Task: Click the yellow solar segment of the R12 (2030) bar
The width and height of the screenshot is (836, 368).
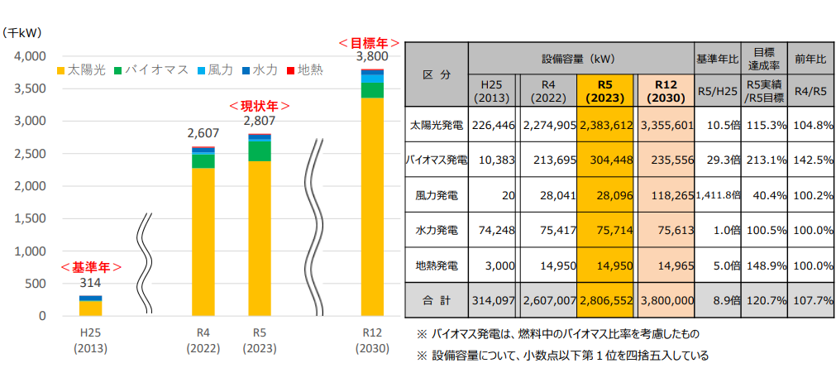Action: (372, 207)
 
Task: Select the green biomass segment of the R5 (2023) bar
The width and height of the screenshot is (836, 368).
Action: (259, 151)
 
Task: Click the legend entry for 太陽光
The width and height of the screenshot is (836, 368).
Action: (81, 69)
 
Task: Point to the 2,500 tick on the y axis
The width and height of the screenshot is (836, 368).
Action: (27, 154)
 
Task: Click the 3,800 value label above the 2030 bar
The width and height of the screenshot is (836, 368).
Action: (371, 57)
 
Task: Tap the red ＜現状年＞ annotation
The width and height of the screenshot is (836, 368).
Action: (259, 107)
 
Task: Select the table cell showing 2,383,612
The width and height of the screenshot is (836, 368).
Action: (606, 126)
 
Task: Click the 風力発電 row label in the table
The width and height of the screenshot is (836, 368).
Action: (436, 197)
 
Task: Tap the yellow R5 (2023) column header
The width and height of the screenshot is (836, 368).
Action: (606, 91)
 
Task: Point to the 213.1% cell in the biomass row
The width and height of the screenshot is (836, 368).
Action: (762, 161)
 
